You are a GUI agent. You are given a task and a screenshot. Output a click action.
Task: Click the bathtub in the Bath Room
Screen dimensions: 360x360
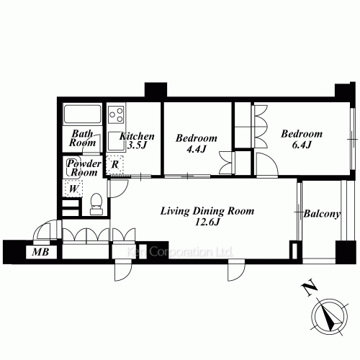tap(82, 114)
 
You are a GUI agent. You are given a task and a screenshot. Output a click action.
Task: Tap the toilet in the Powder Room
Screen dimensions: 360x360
tap(96, 204)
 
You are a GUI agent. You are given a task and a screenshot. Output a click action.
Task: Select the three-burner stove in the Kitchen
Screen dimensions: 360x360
tap(116, 114)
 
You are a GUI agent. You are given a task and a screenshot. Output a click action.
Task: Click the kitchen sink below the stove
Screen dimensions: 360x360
tap(116, 141)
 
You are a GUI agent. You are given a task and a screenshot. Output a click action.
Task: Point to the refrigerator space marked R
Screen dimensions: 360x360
tap(115, 165)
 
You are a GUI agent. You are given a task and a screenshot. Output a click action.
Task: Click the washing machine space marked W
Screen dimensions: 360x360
tap(73, 189)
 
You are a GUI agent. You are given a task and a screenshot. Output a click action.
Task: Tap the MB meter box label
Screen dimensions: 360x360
tap(41, 252)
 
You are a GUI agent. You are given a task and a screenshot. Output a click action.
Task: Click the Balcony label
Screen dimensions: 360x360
tap(322, 214)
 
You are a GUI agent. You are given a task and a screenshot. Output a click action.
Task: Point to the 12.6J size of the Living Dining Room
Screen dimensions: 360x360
tap(207, 222)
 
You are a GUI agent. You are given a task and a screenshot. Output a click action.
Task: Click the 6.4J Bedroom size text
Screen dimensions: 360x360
tap(302, 145)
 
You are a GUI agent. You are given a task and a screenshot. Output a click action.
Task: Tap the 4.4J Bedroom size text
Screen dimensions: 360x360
tap(197, 149)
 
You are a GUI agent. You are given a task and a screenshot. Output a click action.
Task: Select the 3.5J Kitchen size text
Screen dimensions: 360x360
tap(137, 145)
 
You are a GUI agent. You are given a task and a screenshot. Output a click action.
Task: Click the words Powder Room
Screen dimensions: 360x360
tap(84, 168)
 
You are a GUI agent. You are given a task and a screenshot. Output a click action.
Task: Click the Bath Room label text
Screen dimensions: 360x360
tap(82, 138)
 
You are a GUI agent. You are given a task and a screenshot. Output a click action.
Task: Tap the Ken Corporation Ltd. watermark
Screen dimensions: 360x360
tap(179, 252)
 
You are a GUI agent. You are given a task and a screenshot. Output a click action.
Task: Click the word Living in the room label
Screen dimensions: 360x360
tap(174, 212)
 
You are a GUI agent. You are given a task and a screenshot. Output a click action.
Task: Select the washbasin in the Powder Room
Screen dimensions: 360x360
tap(73, 167)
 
